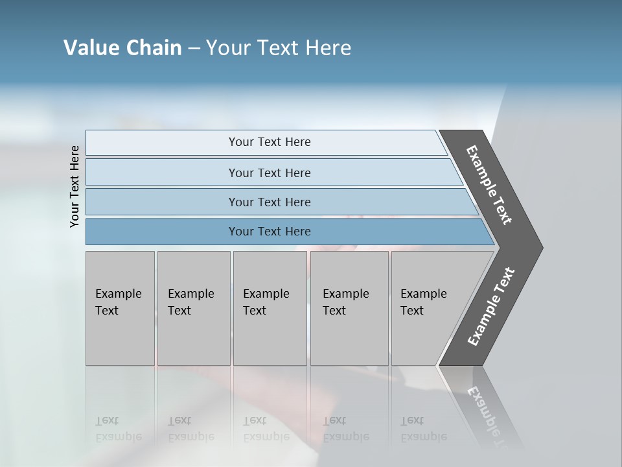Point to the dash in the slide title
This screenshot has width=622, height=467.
click(194, 49)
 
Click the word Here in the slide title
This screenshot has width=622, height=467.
click(328, 48)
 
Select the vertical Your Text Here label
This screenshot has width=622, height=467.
click(75, 186)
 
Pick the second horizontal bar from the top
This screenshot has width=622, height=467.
click(270, 173)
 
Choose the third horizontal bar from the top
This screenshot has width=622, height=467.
click(270, 202)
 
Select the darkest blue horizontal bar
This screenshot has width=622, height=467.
click(270, 232)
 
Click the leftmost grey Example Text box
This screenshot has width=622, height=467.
click(120, 307)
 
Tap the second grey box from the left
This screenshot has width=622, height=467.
click(193, 307)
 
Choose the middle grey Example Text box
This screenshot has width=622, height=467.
click(270, 307)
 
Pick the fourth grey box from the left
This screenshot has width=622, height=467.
click(349, 307)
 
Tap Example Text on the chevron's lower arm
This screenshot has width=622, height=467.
click(491, 306)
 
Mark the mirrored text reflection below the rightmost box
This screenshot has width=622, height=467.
click(423, 429)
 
